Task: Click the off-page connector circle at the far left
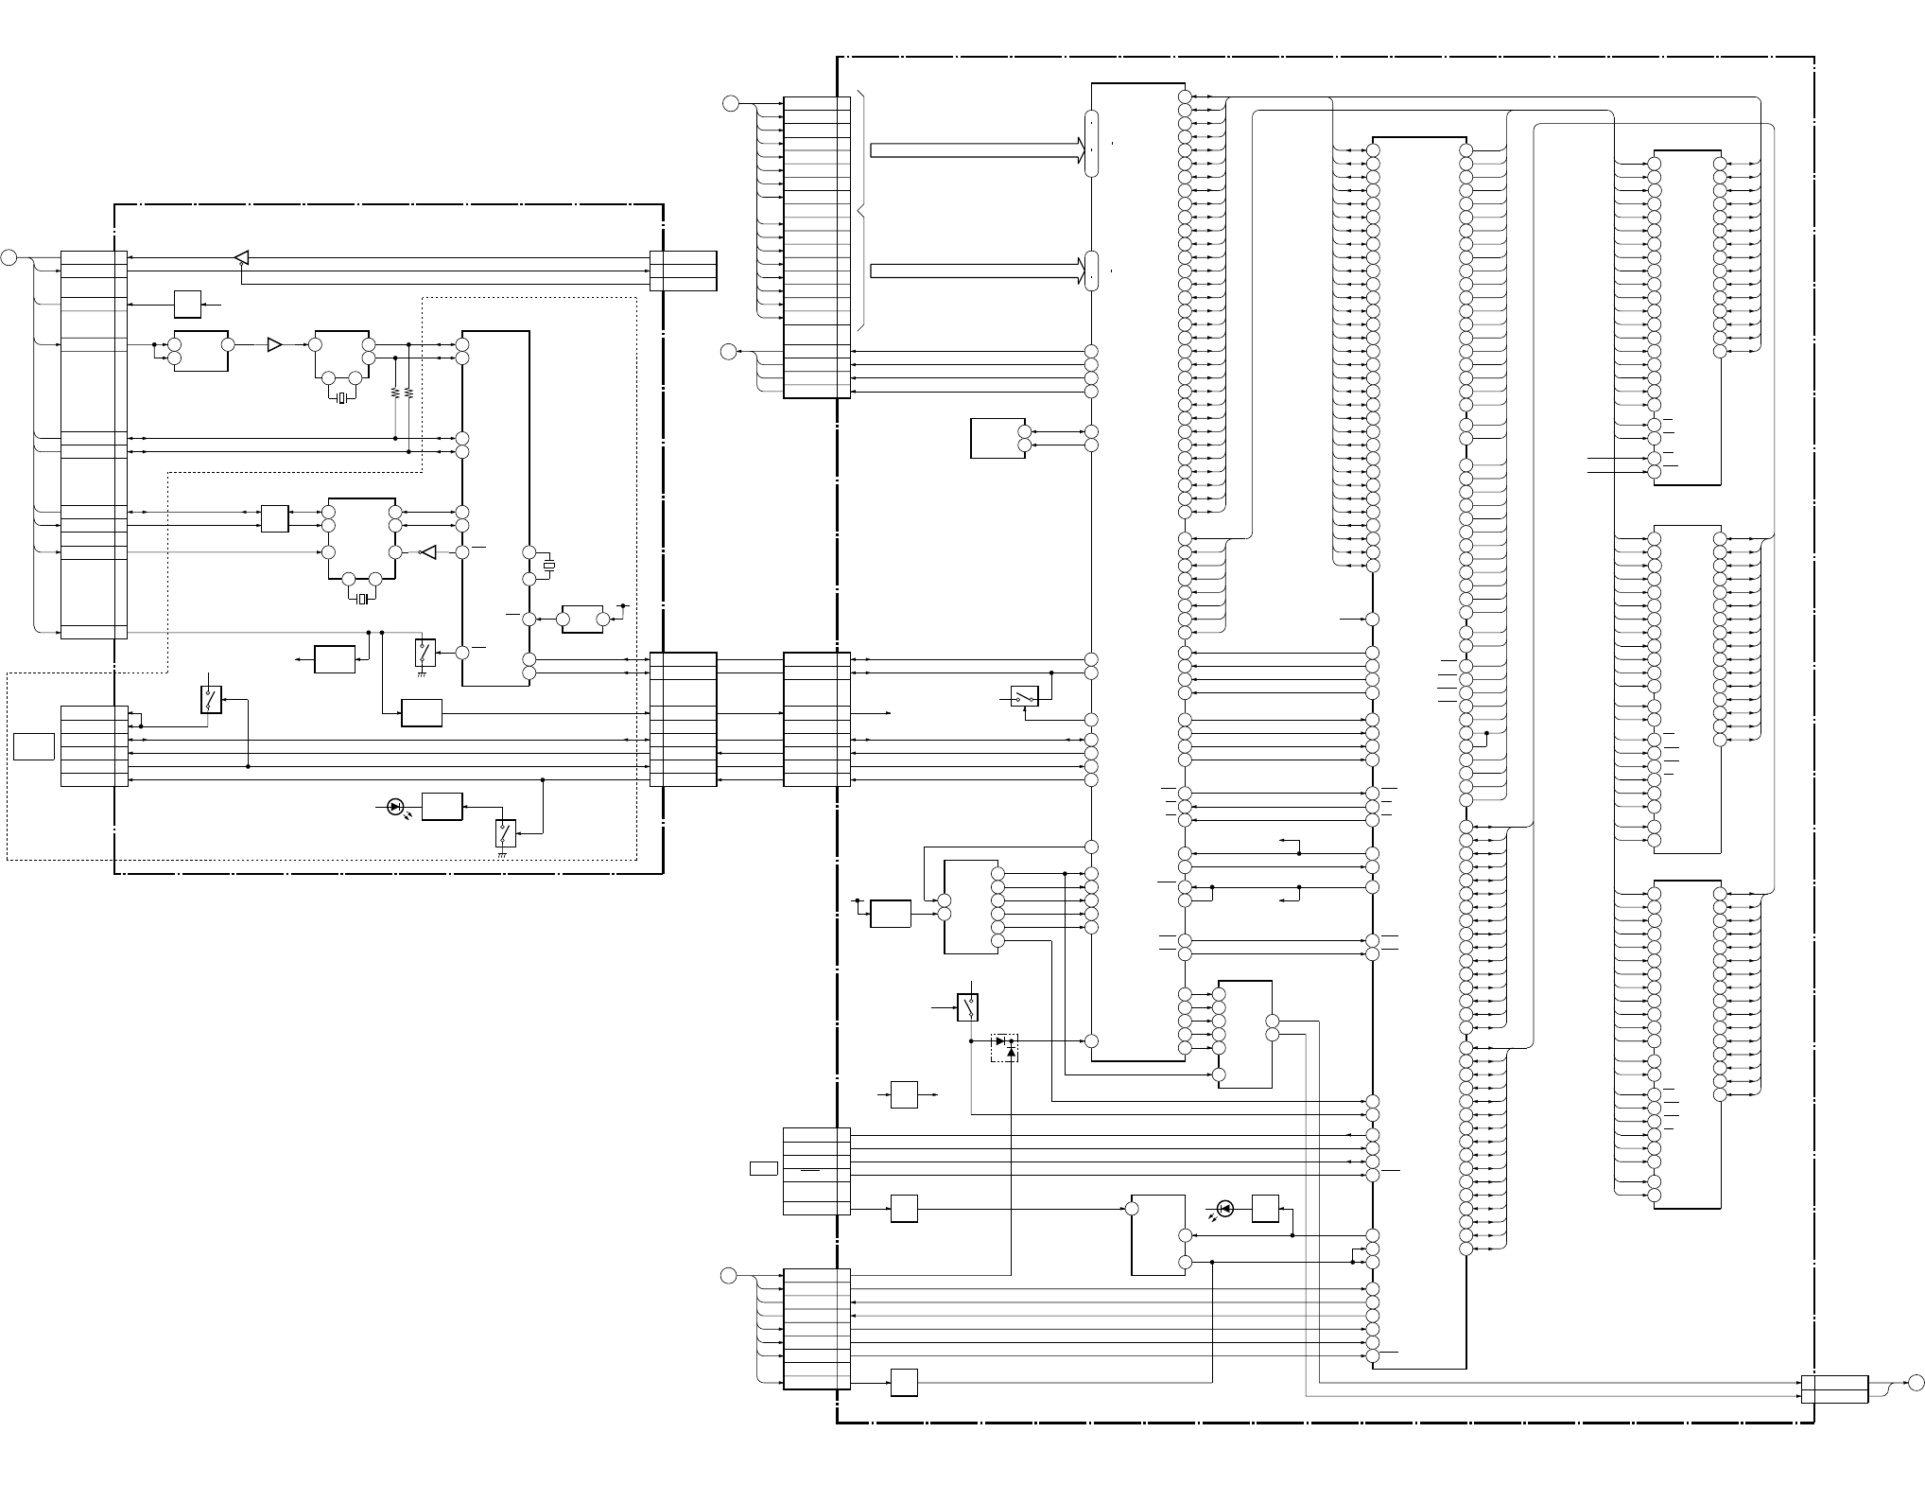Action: [9, 257]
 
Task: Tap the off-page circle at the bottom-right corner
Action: [1916, 1383]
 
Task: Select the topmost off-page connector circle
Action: [730, 103]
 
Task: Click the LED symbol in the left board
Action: [396, 807]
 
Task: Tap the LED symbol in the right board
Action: [1225, 1208]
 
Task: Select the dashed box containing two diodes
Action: [1004, 1047]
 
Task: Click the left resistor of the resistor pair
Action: [394, 393]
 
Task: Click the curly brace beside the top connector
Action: [863, 210]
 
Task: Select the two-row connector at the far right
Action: [1834, 1389]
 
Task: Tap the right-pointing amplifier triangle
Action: [274, 344]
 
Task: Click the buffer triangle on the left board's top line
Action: [241, 257]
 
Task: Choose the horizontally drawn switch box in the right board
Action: [1025, 696]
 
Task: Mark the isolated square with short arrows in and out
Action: [904, 1094]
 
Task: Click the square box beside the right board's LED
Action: [1265, 1209]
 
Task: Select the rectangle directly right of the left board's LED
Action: [442, 807]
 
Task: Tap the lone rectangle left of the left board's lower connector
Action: [33, 745]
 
